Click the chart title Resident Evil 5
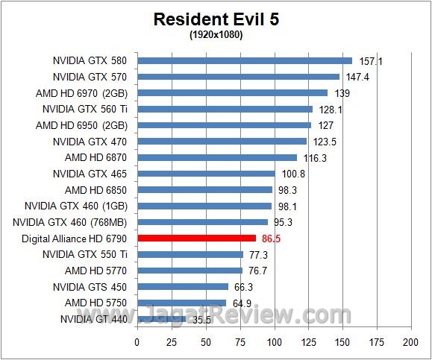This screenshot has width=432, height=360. (x=216, y=19)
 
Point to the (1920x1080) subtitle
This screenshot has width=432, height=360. (x=216, y=34)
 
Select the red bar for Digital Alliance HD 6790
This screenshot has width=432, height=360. (x=197, y=238)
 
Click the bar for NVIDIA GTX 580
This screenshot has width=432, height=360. (x=244, y=60)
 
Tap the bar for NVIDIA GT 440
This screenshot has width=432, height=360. (x=161, y=319)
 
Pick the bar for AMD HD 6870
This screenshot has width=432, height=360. (x=216, y=157)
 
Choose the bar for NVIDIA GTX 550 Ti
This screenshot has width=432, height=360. (x=190, y=254)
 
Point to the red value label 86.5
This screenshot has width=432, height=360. (x=272, y=239)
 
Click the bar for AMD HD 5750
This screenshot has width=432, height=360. (x=181, y=303)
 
